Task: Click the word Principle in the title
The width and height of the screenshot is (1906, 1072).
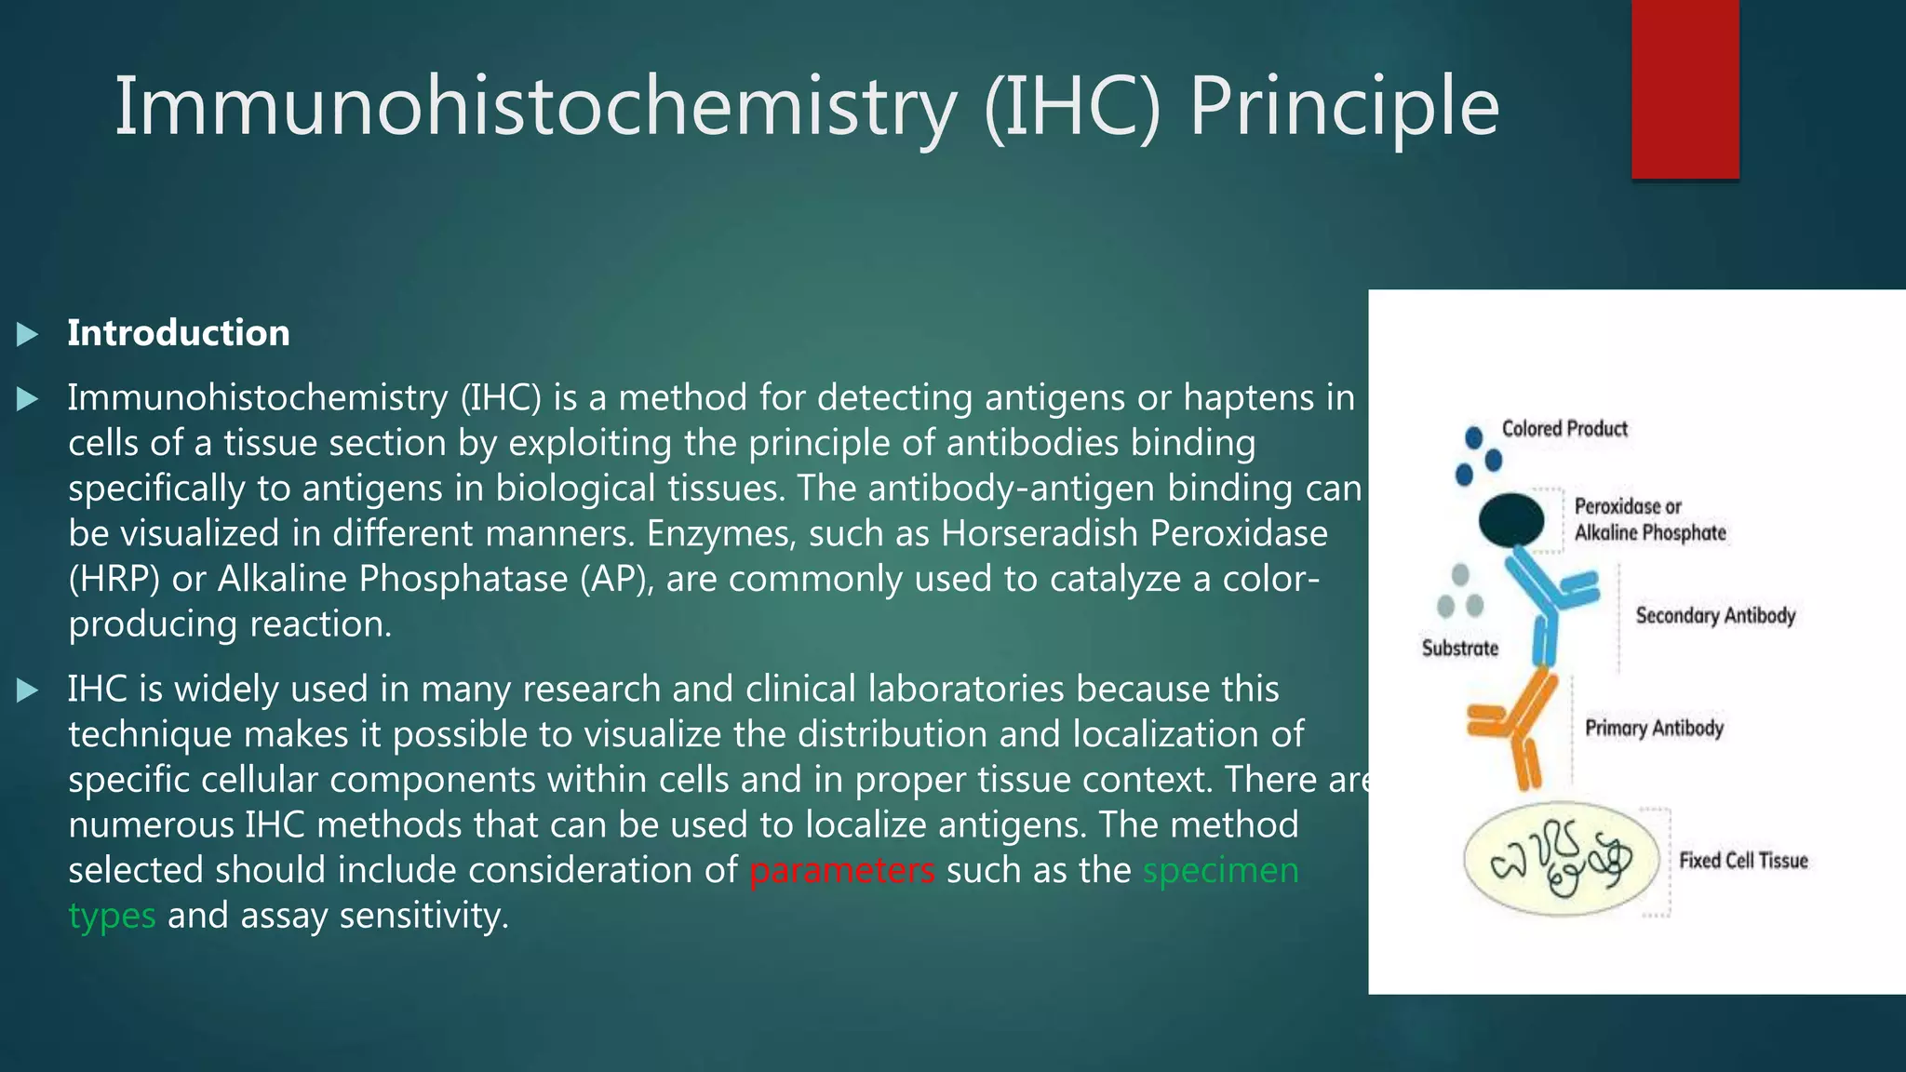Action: [1343, 107]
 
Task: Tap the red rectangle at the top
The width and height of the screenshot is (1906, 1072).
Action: [1685, 88]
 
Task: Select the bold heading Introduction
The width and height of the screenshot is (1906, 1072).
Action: [178, 333]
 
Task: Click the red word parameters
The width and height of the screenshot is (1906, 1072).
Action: [841, 871]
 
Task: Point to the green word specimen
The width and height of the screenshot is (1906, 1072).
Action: [1220, 871]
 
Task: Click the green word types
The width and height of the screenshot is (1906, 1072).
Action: [112, 917]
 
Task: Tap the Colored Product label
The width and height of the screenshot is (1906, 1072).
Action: [1564, 429]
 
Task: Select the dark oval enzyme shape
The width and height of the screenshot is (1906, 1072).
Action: [1510, 519]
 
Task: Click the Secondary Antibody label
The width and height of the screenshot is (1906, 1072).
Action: [1715, 616]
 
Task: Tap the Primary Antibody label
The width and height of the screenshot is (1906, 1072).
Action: [1654, 728]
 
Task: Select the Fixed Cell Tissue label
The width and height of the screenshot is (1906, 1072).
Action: [1743, 861]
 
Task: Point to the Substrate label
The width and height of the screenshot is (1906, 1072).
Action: [1459, 649]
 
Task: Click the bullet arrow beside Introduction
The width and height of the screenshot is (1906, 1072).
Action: [27, 334]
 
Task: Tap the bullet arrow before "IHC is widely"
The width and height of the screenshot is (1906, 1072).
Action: [27, 690]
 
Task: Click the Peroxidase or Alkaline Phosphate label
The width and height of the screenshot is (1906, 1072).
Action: [1649, 519]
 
